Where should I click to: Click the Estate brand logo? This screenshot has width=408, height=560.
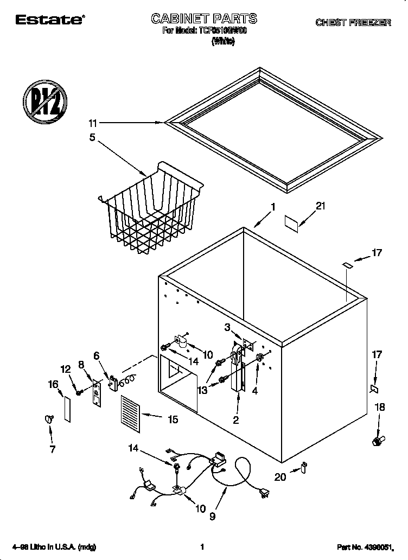click(49, 21)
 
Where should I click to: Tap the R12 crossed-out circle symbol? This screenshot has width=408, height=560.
click(45, 101)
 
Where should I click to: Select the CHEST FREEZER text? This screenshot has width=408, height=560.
click(353, 23)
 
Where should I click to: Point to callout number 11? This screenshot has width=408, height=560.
click(93, 123)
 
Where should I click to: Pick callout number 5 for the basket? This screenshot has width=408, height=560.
click(92, 137)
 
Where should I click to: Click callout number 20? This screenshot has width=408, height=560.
click(280, 477)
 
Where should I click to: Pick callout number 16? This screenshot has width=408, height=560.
click(53, 384)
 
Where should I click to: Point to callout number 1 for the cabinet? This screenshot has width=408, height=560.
click(273, 206)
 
